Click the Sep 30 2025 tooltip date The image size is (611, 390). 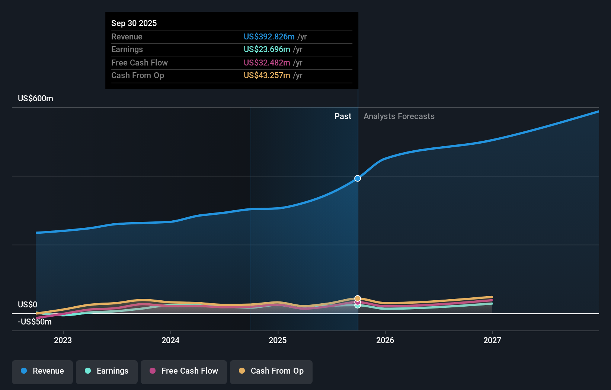click(x=134, y=23)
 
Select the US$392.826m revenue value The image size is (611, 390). click(x=269, y=36)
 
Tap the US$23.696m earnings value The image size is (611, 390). click(x=267, y=49)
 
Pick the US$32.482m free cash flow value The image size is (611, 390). click(x=267, y=63)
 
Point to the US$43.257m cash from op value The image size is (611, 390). click(x=267, y=75)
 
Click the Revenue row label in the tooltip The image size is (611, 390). click(x=127, y=36)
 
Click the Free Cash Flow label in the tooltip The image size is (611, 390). click(x=140, y=63)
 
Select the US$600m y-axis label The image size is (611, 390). click(x=35, y=98)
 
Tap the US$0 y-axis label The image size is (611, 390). click(x=28, y=304)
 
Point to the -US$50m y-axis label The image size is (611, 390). click(x=35, y=322)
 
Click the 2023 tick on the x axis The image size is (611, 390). click(x=63, y=340)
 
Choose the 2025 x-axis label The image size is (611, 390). click(x=278, y=340)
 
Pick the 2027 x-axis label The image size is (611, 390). click(x=492, y=340)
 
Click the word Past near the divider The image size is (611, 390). click(x=343, y=116)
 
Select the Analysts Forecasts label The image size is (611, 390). click(x=399, y=116)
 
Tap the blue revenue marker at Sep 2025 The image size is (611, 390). click(x=358, y=178)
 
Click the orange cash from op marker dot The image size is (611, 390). click(x=358, y=298)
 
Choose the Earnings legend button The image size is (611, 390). click(x=107, y=371)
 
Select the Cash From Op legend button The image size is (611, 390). click(x=271, y=371)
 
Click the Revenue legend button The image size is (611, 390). click(x=42, y=371)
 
